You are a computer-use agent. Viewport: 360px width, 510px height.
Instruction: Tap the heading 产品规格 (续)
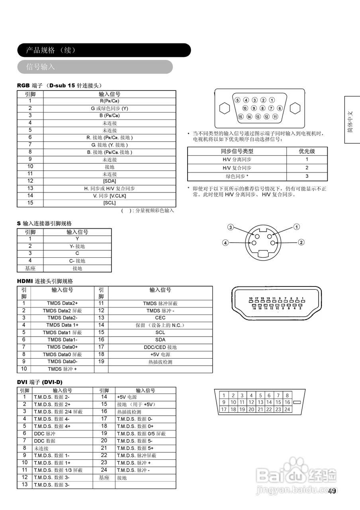click(x=51, y=50)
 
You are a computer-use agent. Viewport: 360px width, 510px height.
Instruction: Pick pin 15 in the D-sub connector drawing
click(x=241, y=117)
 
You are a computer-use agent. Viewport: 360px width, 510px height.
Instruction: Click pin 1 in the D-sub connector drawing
click(x=272, y=100)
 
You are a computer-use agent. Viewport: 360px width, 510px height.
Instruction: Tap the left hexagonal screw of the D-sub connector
click(x=224, y=108)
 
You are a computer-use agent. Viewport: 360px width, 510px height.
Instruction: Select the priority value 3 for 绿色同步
click(x=307, y=176)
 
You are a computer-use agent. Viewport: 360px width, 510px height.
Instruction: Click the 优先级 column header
click(x=307, y=151)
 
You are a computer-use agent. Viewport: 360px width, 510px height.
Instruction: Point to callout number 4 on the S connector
click(x=225, y=242)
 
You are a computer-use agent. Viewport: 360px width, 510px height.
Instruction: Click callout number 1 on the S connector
click(x=297, y=227)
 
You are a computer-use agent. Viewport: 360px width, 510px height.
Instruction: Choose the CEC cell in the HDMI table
click(x=160, y=318)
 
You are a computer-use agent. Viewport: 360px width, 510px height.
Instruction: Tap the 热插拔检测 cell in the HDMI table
click(x=160, y=362)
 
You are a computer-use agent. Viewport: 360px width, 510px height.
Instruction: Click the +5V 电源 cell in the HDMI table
click(x=160, y=355)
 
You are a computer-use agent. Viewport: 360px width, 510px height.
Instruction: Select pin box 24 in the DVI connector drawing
click(x=287, y=409)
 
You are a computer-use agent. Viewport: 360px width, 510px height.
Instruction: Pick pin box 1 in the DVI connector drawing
click(x=224, y=395)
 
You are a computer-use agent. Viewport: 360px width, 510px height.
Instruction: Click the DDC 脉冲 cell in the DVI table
click(x=45, y=433)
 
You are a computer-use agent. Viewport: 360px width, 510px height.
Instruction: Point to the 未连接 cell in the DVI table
click(x=41, y=448)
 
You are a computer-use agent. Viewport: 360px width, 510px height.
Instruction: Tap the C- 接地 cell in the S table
click(x=77, y=261)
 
